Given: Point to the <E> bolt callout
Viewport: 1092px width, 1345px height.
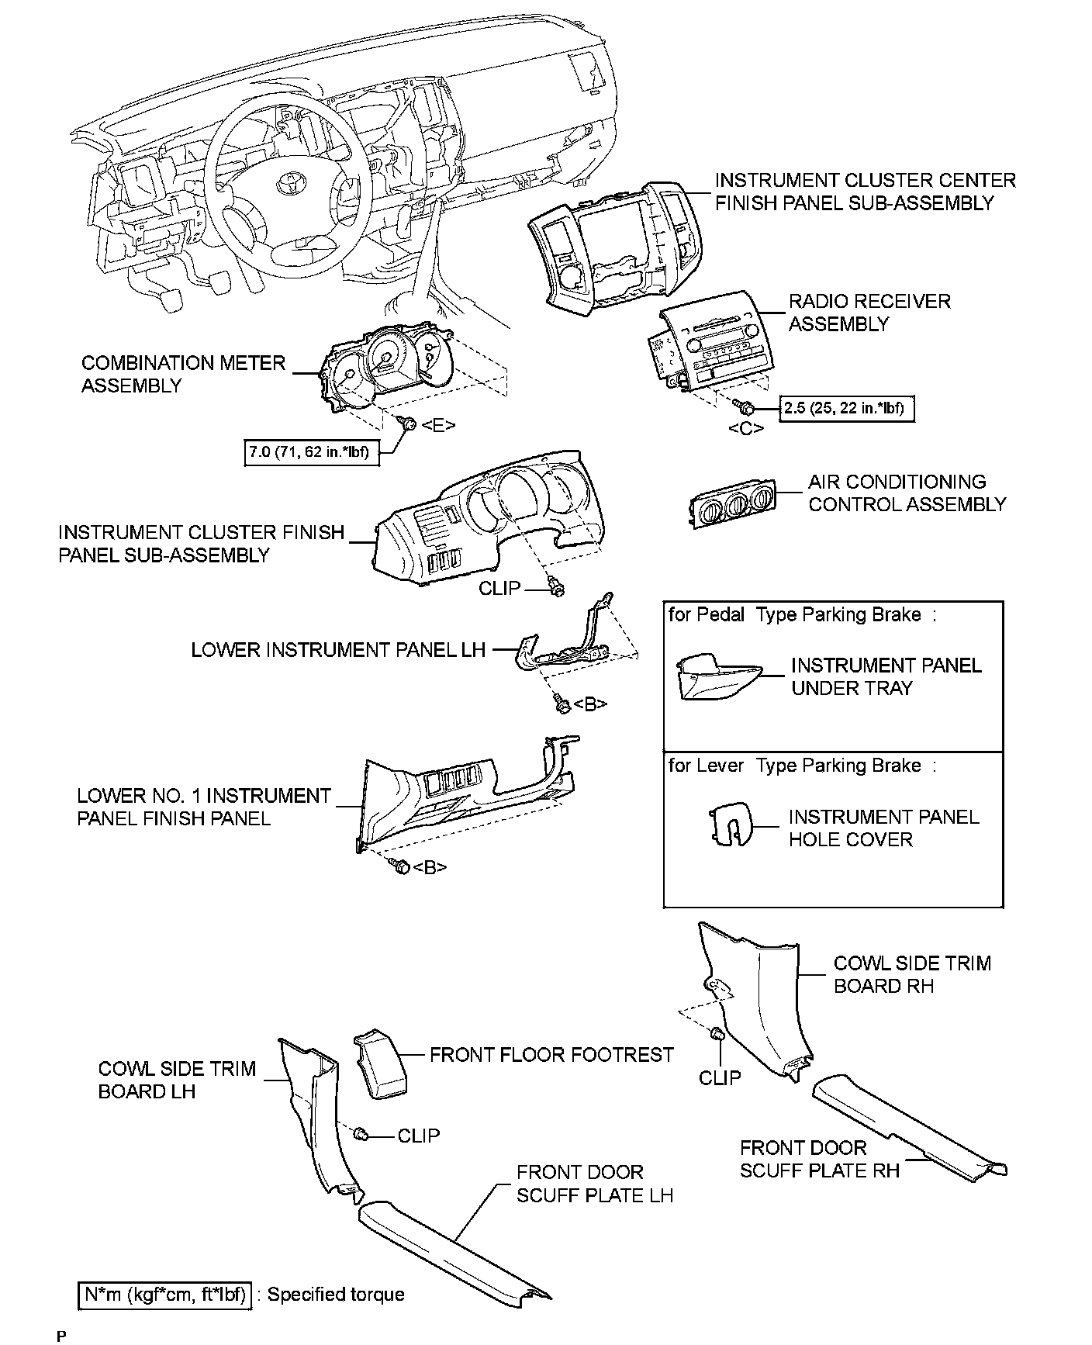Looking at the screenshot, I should point(438,424).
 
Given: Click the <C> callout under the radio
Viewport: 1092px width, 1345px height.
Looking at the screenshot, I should point(745,428).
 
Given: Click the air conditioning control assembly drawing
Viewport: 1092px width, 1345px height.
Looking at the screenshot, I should point(734,503).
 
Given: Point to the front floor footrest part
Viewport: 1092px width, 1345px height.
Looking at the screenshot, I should point(380,1064).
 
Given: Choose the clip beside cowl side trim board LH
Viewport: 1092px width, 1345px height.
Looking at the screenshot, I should point(361,1135).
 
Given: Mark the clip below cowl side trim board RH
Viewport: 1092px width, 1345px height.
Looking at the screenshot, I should point(717,1034).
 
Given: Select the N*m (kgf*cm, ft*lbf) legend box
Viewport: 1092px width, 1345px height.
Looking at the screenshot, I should point(165,1295).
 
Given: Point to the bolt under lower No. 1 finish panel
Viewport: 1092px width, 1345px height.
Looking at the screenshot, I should point(401,866).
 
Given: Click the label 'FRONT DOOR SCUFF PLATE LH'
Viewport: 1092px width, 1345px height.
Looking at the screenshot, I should point(594,1183).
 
